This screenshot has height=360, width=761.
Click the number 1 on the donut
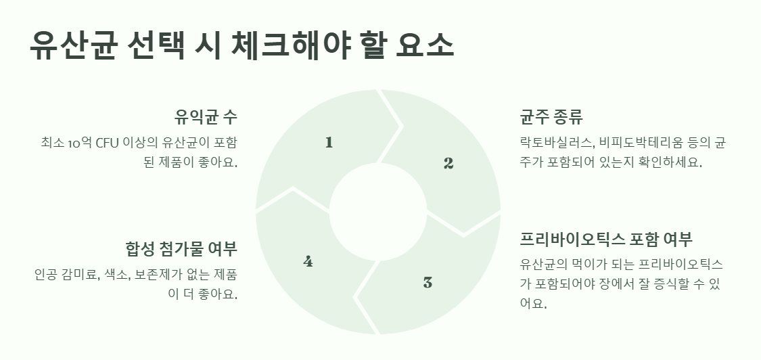(329, 142)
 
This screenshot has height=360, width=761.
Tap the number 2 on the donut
(448, 163)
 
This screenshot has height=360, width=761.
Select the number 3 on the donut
(428, 283)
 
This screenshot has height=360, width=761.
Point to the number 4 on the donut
(308, 261)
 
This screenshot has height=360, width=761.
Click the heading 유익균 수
(206, 116)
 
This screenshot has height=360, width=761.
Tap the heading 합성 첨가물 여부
(181, 248)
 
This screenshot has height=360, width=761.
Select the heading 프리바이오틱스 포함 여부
(606, 240)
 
